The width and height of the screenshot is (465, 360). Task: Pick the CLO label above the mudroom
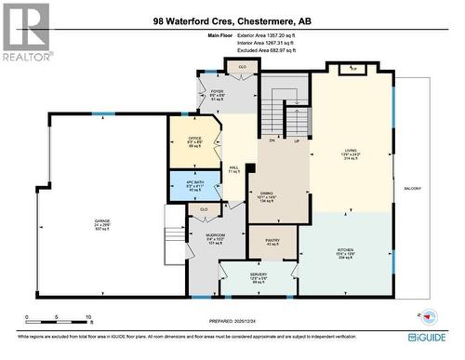point(204,209)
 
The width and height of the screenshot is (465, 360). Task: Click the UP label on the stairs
point(295,140)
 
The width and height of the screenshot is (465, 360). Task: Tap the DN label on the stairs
point(272,140)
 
